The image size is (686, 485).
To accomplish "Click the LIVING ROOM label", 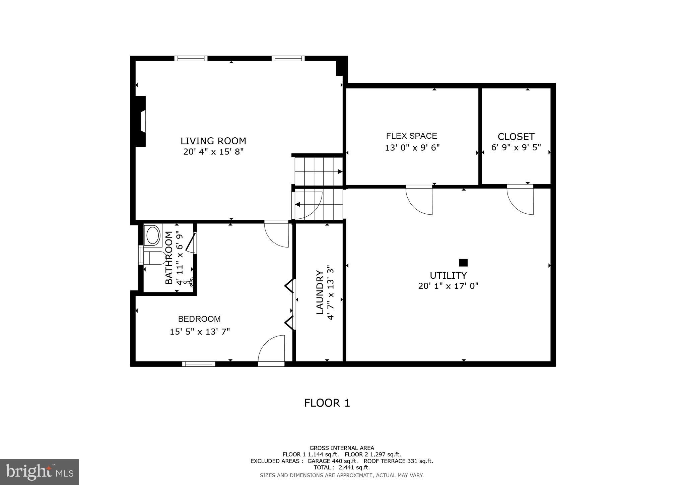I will (213, 141).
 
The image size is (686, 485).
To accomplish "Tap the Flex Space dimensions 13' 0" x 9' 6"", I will (412, 148).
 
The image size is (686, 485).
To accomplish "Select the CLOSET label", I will (516, 137).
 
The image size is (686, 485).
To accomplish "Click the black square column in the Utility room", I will (463, 262).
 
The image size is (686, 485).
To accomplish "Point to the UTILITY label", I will (448, 275).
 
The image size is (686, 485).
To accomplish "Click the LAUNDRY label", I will (320, 292).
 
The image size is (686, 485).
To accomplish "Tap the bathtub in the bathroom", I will (153, 235).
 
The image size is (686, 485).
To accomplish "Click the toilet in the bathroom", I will (154, 258).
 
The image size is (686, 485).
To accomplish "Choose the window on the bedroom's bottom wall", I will (199, 364).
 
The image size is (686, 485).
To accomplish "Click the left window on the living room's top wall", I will (191, 59).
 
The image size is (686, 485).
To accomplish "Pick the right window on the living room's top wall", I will (288, 59).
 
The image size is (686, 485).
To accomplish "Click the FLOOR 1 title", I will (327, 403).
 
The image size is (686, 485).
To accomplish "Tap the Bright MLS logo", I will (39, 472).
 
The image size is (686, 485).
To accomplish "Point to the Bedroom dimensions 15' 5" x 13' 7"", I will (200, 332).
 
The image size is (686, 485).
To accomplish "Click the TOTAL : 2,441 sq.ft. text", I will (341, 467).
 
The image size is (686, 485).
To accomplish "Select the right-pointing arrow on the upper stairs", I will (340, 172).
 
